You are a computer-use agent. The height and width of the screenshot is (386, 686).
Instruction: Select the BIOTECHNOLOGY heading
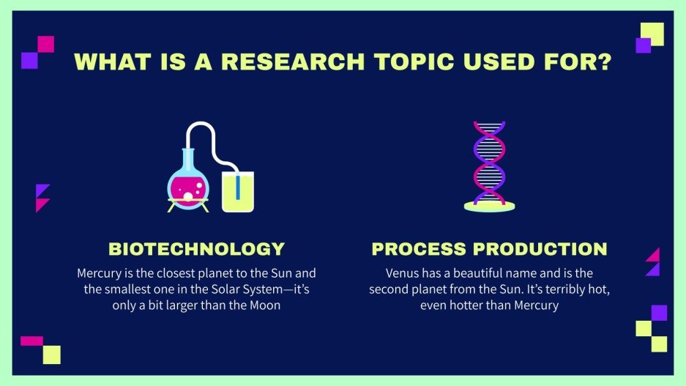point(196,248)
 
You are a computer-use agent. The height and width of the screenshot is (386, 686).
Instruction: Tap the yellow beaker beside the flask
point(237,192)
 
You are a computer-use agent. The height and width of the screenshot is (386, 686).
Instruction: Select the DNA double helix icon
point(489,163)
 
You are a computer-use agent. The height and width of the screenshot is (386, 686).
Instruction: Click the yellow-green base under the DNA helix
point(489,207)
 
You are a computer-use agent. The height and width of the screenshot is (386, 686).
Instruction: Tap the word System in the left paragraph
point(227,289)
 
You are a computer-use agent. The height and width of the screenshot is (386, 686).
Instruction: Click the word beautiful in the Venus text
point(474,273)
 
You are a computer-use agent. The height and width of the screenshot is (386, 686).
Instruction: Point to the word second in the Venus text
point(392,289)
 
